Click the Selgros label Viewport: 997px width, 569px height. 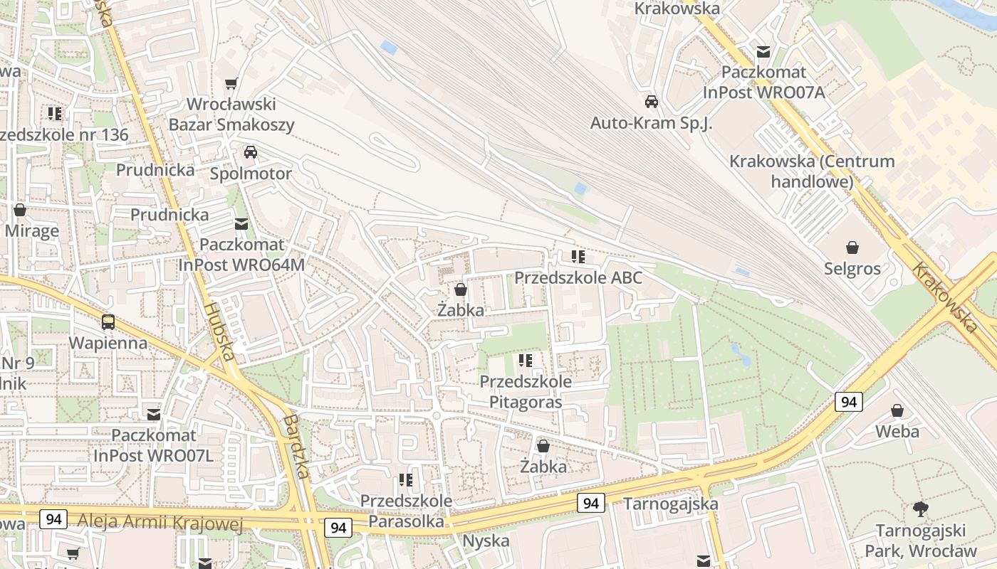852,269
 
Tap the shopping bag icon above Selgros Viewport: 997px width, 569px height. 852,248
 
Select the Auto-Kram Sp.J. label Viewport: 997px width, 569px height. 651,122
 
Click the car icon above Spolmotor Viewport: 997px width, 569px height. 251,152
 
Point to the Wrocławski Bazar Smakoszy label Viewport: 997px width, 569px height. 231,115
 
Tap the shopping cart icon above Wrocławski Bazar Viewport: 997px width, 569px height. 231,84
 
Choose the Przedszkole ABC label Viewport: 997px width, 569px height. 578,277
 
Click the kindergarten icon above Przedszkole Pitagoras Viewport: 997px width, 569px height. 526,361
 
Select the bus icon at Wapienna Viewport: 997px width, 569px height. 108,322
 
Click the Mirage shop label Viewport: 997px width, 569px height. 32,231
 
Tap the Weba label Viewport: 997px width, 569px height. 897,431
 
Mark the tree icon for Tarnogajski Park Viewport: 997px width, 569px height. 921,509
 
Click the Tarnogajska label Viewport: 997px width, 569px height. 671,504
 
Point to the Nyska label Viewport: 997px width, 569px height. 486,541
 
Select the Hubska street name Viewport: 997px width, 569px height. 219,331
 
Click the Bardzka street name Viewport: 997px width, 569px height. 294,446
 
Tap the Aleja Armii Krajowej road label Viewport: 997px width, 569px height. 160,524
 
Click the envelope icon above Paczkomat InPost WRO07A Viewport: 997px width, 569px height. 763,52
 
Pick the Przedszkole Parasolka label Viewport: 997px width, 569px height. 406,511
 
